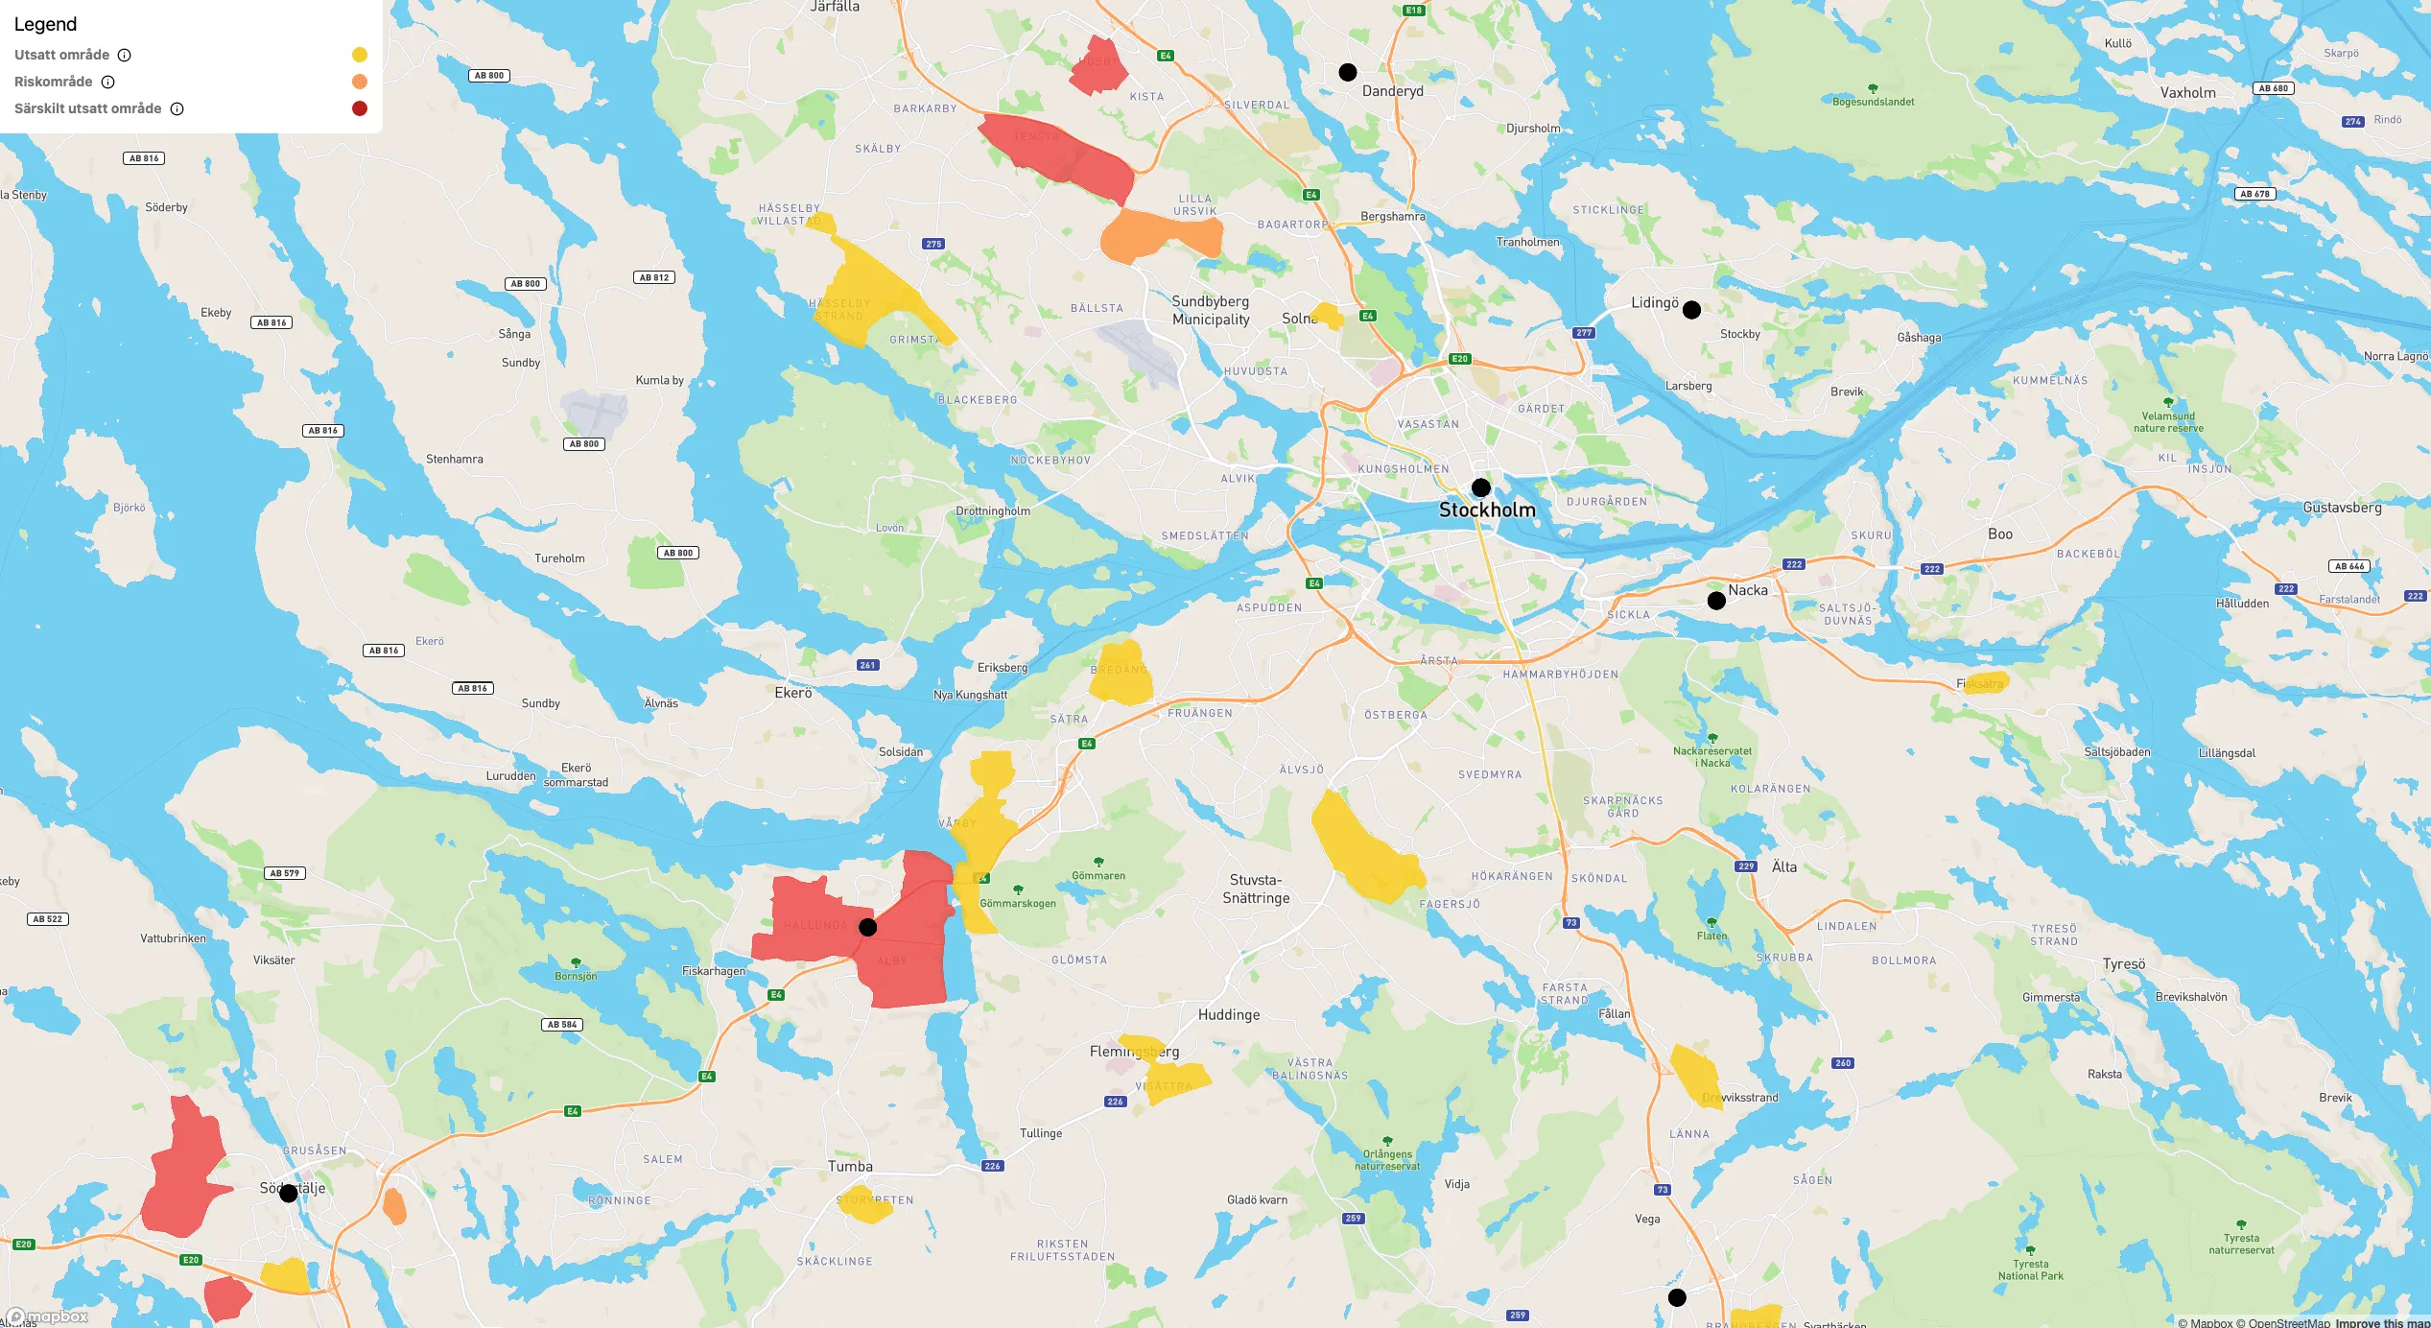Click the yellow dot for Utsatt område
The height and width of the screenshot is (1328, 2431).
point(360,55)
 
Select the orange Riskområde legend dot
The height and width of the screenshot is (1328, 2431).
point(360,82)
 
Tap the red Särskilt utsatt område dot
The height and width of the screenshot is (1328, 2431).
point(360,108)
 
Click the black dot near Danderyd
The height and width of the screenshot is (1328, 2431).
point(1348,72)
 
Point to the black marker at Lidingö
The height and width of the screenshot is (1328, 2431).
point(1692,310)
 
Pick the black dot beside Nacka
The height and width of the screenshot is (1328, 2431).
point(1717,601)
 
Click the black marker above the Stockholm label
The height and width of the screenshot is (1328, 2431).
point(1481,487)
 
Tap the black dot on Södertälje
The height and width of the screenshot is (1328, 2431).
point(289,1193)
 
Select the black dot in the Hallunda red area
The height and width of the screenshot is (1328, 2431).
point(868,927)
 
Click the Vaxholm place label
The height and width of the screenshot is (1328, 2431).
point(2188,93)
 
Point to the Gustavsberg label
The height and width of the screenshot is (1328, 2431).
point(2342,508)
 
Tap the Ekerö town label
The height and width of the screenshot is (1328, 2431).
point(793,693)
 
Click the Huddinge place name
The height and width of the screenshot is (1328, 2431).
point(1229,1015)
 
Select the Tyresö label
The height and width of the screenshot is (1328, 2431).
point(2124,964)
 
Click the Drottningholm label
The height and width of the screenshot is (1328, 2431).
point(993,511)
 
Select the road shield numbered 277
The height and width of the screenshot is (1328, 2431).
point(1584,333)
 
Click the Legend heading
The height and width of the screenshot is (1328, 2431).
point(45,25)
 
